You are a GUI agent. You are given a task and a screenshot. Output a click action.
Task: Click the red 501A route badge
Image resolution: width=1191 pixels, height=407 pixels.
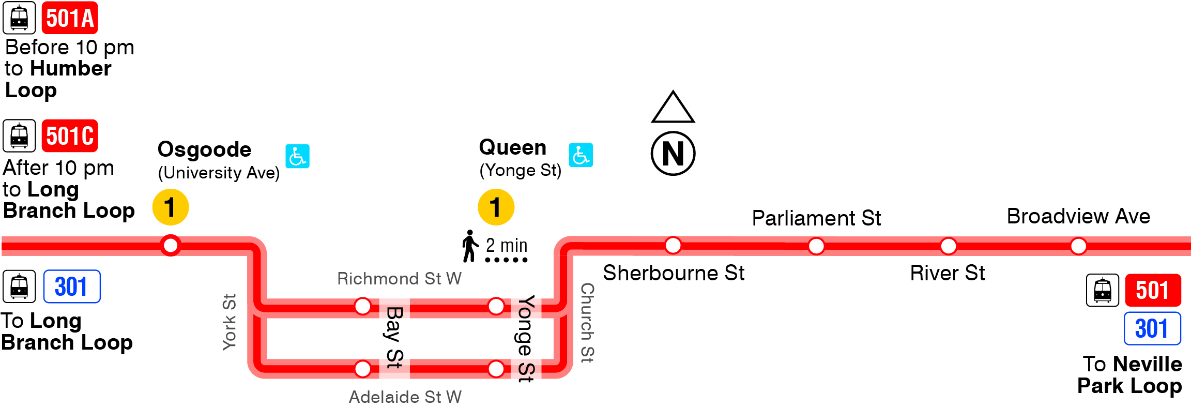[x=70, y=18]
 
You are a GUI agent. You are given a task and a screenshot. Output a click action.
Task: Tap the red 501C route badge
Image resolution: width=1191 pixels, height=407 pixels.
[x=70, y=136]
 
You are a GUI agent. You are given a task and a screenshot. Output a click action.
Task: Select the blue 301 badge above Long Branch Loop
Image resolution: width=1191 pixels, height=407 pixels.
[x=72, y=287]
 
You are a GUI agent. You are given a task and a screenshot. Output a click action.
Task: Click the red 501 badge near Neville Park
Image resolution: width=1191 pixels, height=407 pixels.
[x=1153, y=290]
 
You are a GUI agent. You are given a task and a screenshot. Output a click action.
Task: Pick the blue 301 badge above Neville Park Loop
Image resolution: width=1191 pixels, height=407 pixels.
[x=1152, y=328]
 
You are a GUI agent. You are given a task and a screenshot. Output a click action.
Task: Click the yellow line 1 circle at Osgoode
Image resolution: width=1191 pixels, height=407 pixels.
[x=171, y=207]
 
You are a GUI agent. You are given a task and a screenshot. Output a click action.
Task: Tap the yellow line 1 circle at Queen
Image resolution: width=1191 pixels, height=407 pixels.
[x=496, y=207]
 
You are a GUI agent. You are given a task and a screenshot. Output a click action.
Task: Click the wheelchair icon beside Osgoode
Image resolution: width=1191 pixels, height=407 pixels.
[x=298, y=156]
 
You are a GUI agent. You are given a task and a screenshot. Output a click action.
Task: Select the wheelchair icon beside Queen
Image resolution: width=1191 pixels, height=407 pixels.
[x=581, y=155]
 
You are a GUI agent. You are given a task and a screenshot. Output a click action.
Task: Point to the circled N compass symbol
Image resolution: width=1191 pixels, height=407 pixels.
[x=673, y=154]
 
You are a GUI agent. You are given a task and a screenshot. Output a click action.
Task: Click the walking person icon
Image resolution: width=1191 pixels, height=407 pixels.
[x=470, y=246]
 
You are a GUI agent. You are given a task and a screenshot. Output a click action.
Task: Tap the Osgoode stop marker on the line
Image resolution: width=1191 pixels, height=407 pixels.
[x=171, y=245]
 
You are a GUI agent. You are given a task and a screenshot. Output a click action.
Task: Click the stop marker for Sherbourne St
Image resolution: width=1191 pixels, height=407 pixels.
[x=673, y=245]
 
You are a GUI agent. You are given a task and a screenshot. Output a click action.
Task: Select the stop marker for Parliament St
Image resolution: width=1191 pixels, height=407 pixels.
[x=816, y=246]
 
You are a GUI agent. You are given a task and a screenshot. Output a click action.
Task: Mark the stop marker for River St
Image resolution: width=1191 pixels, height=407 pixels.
[x=949, y=246]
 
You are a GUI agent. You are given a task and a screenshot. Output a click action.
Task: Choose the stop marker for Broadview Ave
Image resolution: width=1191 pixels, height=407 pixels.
[x=1078, y=246]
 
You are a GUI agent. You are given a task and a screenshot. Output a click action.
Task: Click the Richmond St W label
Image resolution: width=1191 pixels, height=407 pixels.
[x=399, y=279]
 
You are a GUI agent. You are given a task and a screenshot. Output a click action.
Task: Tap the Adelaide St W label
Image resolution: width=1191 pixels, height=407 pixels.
[x=405, y=397]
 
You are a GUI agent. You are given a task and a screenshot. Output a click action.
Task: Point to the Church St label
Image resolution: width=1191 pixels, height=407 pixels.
[x=587, y=323]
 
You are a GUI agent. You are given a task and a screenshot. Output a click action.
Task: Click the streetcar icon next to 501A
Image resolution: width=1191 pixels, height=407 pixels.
[x=20, y=18]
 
